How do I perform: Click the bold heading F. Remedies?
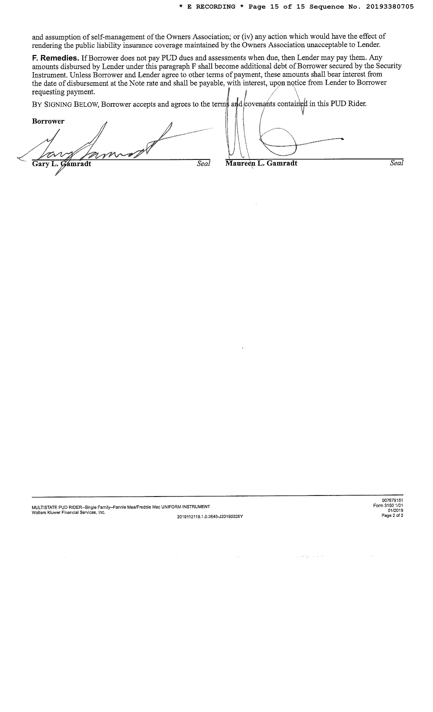click(x=55, y=58)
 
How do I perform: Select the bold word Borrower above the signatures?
click(x=48, y=121)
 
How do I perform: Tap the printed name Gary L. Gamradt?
click(x=62, y=164)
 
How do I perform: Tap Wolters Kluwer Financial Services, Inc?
click(x=69, y=512)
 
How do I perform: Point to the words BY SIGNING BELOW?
click(x=65, y=105)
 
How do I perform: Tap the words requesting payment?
click(x=63, y=92)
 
